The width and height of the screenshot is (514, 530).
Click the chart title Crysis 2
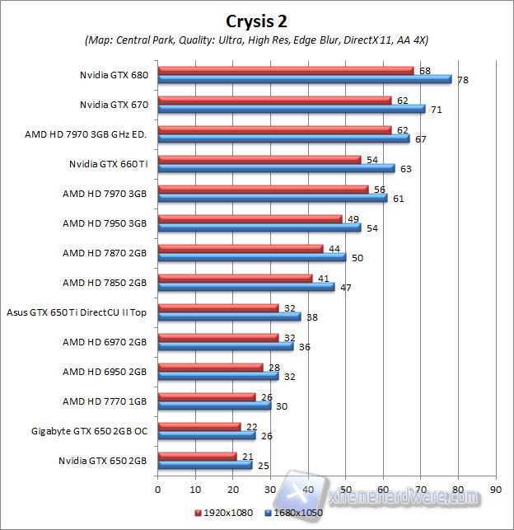[x=257, y=19]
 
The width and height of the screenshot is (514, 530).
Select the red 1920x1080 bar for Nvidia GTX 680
[x=285, y=71]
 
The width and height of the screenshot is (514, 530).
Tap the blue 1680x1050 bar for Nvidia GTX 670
[x=291, y=109]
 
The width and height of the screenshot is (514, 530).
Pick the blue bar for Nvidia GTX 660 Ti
[x=276, y=168]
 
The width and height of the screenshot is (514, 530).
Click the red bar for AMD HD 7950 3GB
[x=250, y=219]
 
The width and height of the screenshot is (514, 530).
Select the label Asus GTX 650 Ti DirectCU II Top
[x=77, y=312]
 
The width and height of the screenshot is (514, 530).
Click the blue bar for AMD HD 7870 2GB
[x=251, y=257]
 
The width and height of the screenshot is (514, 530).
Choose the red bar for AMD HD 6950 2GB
[x=210, y=368]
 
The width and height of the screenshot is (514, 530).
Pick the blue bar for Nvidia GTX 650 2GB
[x=205, y=465]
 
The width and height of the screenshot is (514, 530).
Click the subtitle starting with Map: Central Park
[x=256, y=40]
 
